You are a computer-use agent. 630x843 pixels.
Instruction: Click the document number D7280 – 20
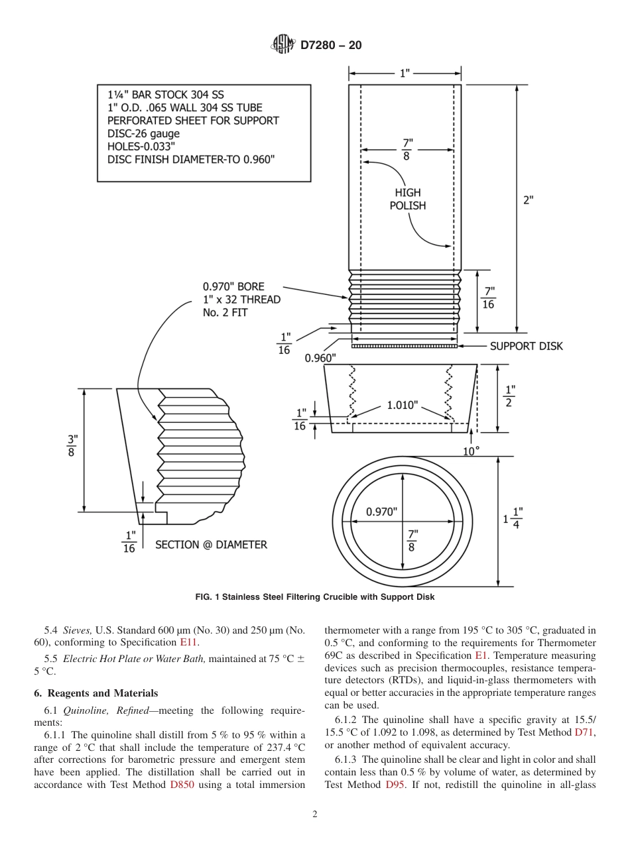coord(331,46)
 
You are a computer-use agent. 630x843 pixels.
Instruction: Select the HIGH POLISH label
coord(407,199)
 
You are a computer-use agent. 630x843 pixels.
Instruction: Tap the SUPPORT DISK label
coord(526,346)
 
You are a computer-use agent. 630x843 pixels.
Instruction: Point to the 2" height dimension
coord(528,200)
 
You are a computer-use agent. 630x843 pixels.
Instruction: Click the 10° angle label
coord(471,451)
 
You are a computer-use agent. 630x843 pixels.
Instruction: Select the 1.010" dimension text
coord(403,405)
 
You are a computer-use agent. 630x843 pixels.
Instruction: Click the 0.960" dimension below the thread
coord(320,358)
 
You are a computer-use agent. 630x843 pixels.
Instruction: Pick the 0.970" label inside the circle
coord(381,512)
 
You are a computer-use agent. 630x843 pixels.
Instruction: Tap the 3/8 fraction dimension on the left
coord(72,445)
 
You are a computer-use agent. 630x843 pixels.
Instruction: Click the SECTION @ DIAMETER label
coord(211,545)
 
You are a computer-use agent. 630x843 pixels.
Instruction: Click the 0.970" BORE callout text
coord(233,286)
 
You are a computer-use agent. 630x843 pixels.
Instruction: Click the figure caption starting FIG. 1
coord(315,597)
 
